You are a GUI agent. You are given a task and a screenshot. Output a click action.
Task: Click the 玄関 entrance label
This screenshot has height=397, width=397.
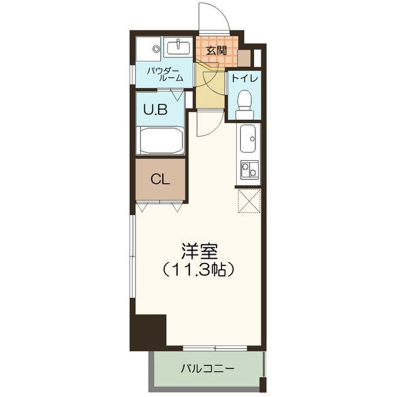point(216,51)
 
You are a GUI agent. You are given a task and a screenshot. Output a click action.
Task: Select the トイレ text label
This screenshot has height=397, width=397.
point(245,78)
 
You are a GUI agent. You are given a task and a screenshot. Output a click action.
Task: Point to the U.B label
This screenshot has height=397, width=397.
point(155,110)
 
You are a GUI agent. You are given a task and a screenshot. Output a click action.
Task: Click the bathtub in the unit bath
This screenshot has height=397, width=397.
point(160,140)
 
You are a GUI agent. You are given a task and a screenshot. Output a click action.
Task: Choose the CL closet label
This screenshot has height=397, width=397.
point(159,180)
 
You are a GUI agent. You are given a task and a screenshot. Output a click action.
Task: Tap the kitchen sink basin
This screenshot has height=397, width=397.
point(248,139)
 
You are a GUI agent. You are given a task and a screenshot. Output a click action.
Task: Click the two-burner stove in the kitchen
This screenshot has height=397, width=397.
point(249,169)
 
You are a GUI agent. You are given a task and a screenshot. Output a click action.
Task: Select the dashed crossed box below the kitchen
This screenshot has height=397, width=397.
point(249,201)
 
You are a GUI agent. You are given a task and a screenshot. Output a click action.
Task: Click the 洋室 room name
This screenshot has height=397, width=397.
point(199,251)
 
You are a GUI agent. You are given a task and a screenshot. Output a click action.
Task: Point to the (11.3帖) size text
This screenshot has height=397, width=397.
point(198,269)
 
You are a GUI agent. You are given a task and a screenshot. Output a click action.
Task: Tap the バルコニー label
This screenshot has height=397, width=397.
point(207,369)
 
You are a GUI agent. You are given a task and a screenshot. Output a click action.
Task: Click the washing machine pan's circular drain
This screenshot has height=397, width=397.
point(156,48)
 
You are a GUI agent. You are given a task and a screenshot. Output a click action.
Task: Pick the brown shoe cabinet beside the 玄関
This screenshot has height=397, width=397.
point(244,58)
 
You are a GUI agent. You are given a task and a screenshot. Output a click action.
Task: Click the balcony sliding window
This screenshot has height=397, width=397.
point(215,349)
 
